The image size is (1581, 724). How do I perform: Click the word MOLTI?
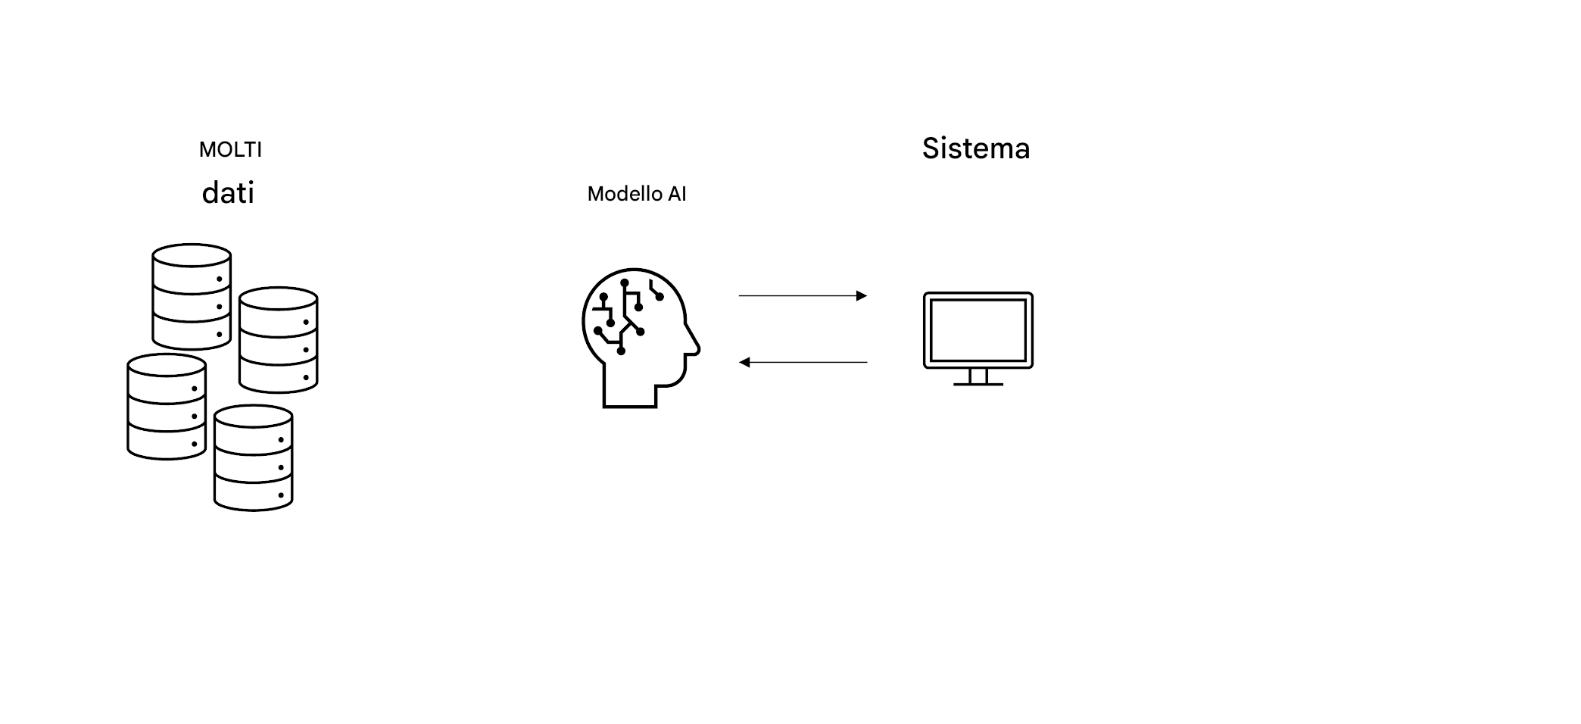(x=230, y=150)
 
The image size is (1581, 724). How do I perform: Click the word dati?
(x=228, y=193)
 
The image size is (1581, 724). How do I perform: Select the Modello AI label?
(x=636, y=194)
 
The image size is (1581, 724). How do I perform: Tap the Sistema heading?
(x=975, y=148)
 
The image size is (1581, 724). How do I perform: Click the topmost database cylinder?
(x=192, y=296)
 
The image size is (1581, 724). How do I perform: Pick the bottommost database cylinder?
(x=253, y=457)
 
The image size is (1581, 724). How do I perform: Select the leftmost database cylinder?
(x=167, y=407)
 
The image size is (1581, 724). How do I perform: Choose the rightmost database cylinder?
(x=278, y=339)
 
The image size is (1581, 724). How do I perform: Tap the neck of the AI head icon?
(x=628, y=390)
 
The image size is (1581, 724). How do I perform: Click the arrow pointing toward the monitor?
(x=803, y=295)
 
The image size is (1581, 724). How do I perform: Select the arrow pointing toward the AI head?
(x=803, y=362)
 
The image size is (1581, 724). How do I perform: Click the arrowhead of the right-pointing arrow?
(x=862, y=295)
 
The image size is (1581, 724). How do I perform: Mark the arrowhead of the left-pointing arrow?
(x=744, y=362)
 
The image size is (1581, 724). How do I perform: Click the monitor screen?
(x=978, y=329)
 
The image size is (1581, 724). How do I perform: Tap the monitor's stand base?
(x=978, y=384)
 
